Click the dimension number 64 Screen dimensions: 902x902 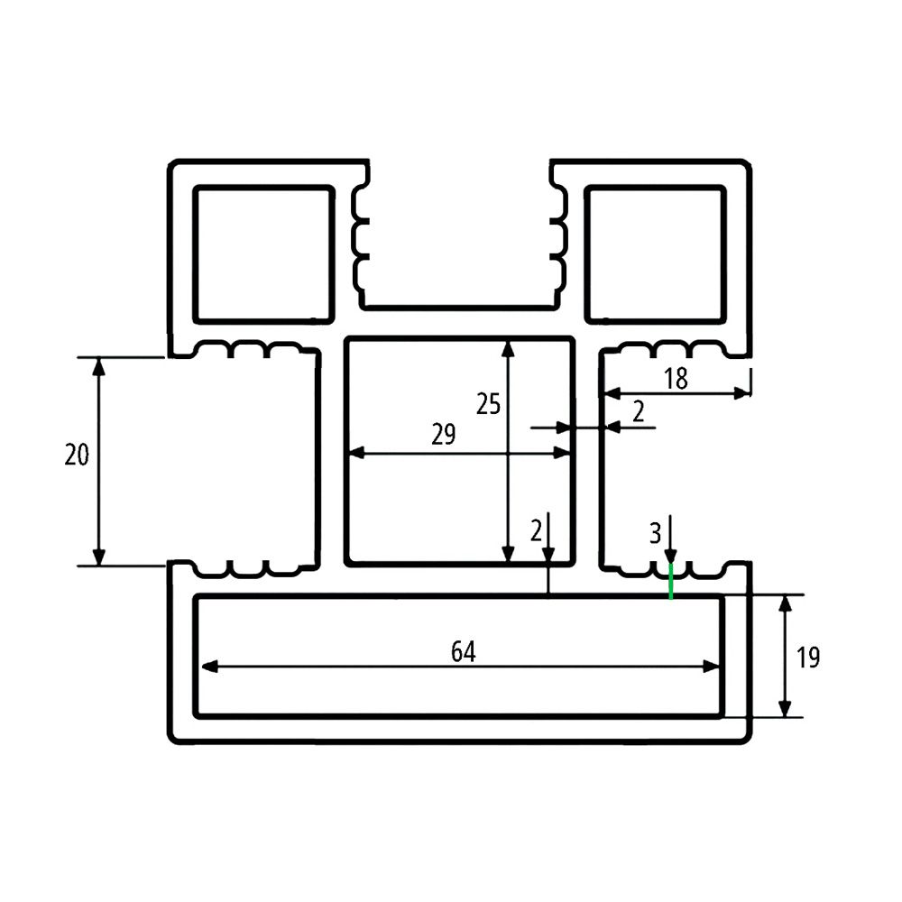click(x=463, y=651)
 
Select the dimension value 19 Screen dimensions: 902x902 click(x=808, y=658)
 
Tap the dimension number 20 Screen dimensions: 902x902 click(x=78, y=456)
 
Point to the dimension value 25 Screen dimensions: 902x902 click(x=488, y=403)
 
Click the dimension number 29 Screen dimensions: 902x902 click(x=443, y=435)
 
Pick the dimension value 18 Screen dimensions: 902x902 click(x=676, y=379)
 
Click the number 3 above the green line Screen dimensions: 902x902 click(x=655, y=533)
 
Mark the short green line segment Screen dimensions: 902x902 click(x=670, y=582)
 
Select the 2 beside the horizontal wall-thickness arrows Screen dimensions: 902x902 click(x=639, y=412)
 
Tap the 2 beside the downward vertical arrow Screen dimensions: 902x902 click(x=536, y=529)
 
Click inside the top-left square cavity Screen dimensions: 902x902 click(x=262, y=254)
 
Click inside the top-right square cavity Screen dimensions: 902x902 click(x=656, y=254)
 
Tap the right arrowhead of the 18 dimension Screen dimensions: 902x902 click(x=744, y=392)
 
